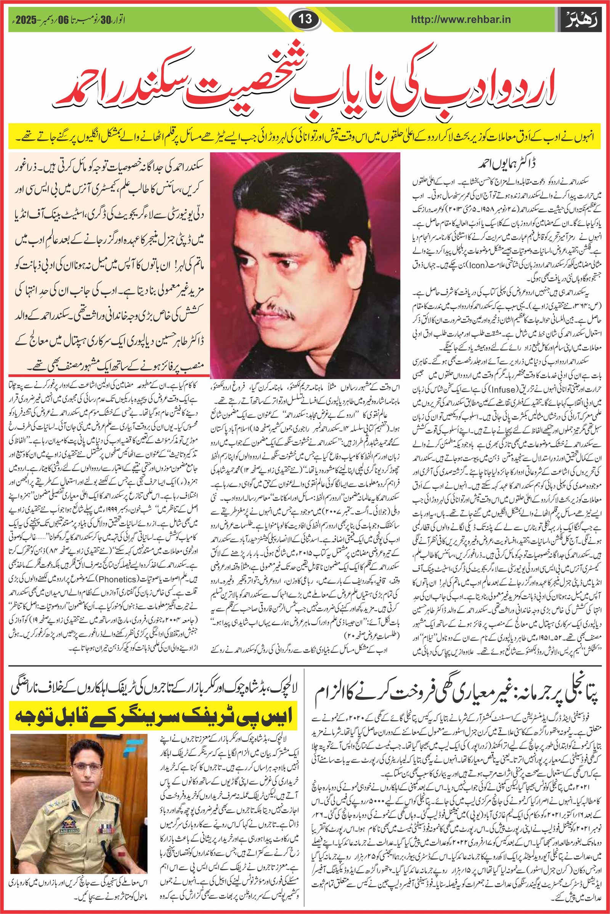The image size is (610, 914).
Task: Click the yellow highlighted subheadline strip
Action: click(x=305, y=138)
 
